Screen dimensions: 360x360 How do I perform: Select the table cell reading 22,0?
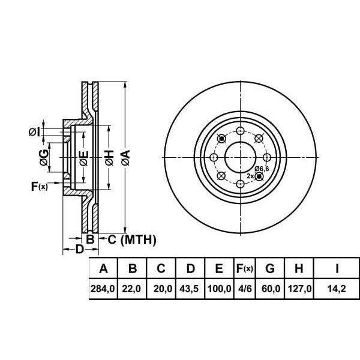[133, 289]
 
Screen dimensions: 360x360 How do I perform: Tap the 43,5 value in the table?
[190, 289]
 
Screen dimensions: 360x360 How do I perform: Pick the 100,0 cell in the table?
[218, 289]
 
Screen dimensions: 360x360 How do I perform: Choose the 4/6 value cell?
[244, 289]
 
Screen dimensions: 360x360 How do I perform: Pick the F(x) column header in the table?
[244, 268]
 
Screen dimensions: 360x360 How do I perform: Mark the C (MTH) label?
[131, 240]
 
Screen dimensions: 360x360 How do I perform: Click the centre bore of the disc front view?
[238, 157]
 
